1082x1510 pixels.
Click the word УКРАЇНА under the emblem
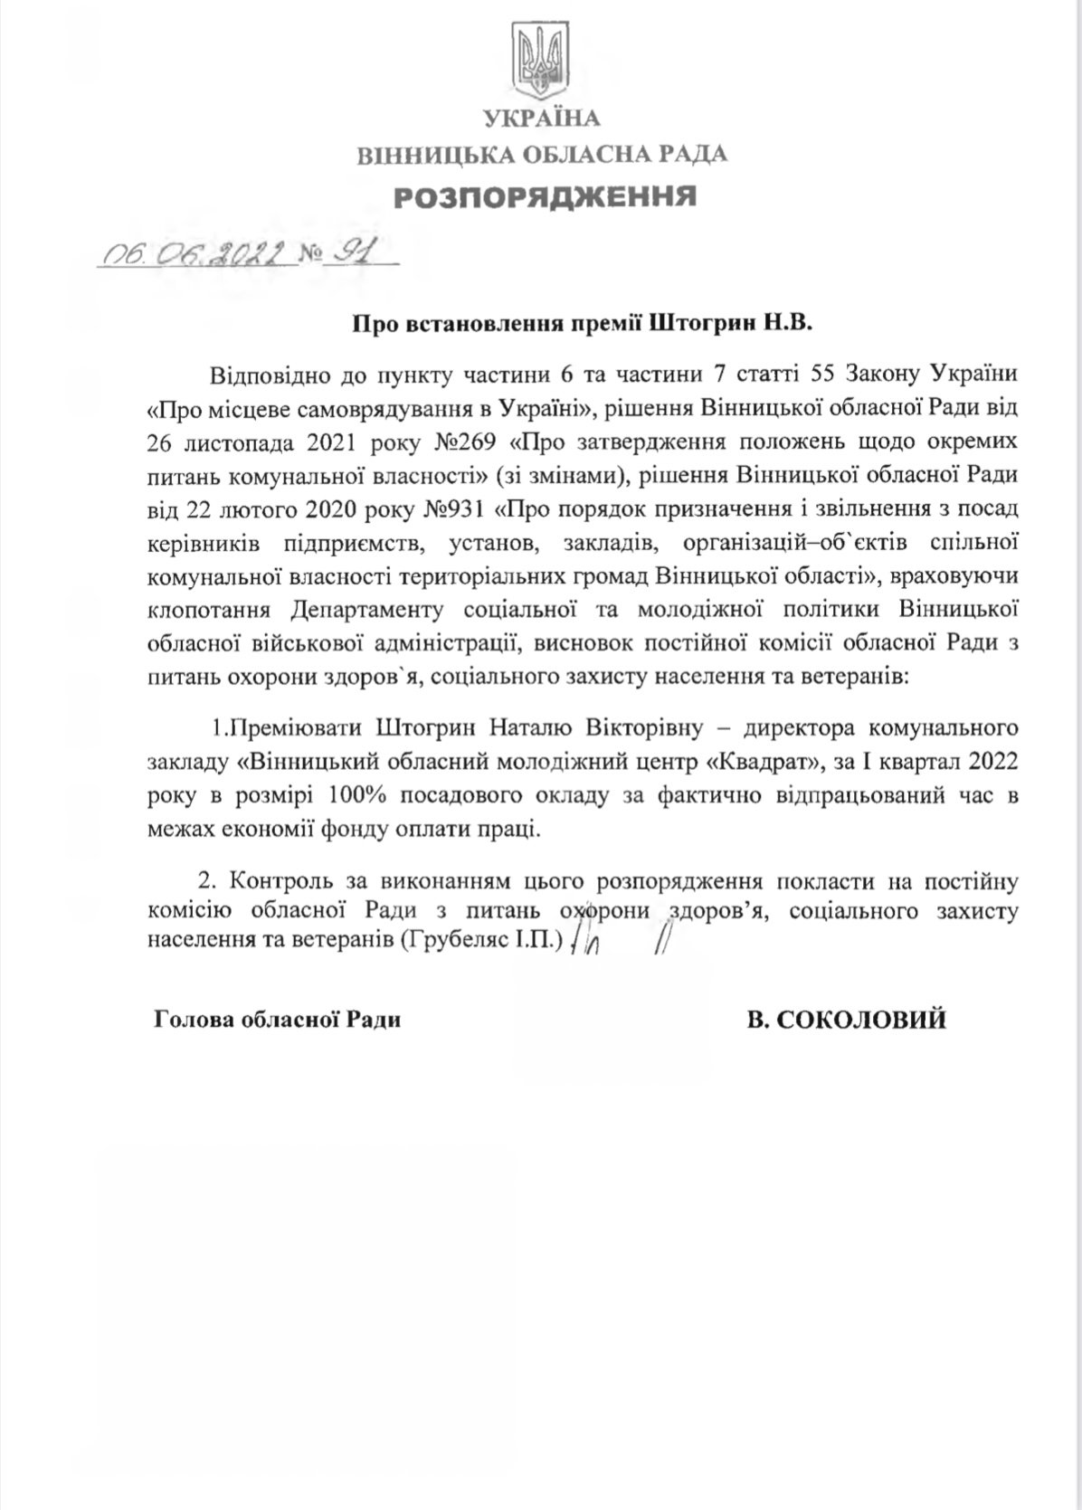[541, 119]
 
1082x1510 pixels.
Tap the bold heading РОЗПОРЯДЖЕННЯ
[542, 195]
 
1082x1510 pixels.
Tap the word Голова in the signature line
[194, 1021]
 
